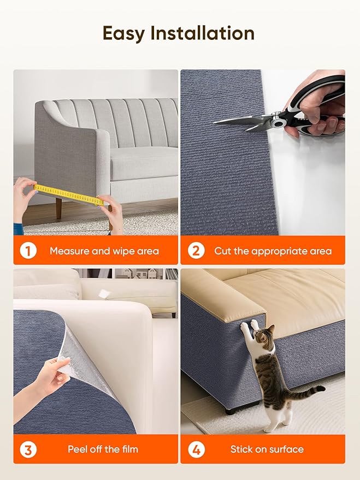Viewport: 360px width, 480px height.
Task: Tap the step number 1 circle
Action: point(28,251)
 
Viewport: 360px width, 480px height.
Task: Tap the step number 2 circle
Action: point(196,251)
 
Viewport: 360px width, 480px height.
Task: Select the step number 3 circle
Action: point(28,449)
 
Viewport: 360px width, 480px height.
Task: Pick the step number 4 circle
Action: point(196,449)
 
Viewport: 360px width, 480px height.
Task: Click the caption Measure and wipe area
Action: point(104,251)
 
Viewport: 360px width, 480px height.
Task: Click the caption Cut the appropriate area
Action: point(273,251)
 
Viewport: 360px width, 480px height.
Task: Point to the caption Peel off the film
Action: point(103,449)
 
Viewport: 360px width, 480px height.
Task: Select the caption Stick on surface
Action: point(267,449)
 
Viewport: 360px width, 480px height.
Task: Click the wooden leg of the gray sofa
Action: point(58,208)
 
